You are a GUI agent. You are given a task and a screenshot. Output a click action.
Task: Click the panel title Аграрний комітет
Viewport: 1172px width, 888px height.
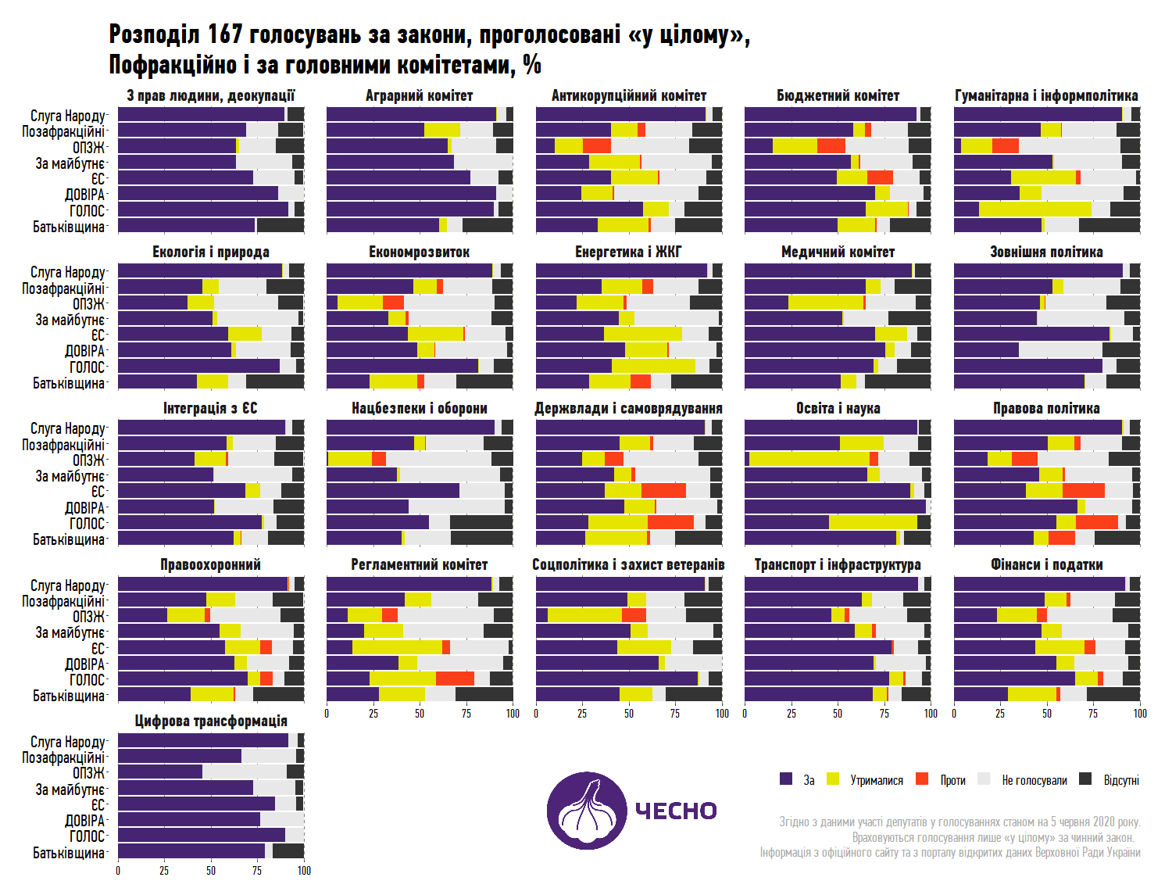point(419,95)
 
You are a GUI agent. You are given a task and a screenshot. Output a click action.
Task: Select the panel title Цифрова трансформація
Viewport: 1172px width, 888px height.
point(210,721)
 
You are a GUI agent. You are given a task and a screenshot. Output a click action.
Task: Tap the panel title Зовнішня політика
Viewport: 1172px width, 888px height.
point(1046,252)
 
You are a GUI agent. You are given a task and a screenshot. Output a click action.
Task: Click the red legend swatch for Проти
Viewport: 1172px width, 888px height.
point(922,779)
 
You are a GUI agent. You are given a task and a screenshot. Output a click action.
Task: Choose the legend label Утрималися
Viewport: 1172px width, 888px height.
point(876,780)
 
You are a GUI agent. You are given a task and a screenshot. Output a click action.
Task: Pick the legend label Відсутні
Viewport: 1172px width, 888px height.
point(1121,780)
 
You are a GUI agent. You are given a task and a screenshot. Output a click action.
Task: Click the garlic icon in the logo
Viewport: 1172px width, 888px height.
point(586,810)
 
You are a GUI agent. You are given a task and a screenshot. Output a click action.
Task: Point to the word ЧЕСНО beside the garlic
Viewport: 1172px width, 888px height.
point(676,811)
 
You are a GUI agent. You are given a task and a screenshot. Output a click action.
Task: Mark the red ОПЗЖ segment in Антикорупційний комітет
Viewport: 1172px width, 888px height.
point(597,145)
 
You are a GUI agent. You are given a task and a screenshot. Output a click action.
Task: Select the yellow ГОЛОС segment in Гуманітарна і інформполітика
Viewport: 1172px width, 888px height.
point(1034,209)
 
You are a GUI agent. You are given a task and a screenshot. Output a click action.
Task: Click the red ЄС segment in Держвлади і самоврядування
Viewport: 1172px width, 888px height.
point(663,490)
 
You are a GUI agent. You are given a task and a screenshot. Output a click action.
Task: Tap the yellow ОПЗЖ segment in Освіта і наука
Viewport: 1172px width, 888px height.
point(809,459)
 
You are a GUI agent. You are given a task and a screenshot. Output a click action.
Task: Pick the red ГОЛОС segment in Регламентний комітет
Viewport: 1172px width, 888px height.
point(455,679)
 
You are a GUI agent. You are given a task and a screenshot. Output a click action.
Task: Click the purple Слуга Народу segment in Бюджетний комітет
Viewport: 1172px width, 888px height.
point(830,114)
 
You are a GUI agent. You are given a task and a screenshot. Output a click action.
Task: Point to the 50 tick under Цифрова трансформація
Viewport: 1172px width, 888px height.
point(211,870)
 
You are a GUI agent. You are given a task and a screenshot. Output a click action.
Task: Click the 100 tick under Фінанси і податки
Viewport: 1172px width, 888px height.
point(1139,713)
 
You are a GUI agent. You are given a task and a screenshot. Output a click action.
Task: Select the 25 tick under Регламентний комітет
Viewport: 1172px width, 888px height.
point(373,713)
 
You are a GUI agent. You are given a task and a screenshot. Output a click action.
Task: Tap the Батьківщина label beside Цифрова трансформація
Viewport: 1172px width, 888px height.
point(69,852)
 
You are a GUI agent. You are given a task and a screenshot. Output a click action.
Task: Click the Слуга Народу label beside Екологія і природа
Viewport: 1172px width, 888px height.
point(68,272)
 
